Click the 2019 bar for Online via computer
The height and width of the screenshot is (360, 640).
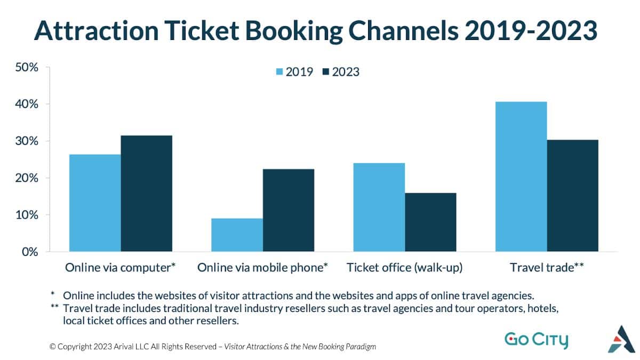point(95,203)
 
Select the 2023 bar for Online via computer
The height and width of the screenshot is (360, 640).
point(146,193)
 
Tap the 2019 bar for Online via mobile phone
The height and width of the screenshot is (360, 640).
point(237,235)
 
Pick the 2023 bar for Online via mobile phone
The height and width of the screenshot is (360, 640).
point(288,210)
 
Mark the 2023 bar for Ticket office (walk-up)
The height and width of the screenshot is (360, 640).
point(430,222)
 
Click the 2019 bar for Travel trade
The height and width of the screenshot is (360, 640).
point(521,176)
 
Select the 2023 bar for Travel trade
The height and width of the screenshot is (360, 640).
point(572,195)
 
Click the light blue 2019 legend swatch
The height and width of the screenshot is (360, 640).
point(279,72)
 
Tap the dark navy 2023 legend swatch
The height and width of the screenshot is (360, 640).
point(326,72)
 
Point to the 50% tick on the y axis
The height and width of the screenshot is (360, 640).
point(27,68)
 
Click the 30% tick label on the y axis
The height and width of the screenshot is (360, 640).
point(27,141)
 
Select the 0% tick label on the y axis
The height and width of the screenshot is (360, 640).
point(29,251)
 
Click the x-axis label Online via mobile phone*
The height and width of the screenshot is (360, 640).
point(262,268)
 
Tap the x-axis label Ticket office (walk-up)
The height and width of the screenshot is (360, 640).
point(405,268)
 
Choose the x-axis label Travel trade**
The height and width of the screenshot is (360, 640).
point(547,268)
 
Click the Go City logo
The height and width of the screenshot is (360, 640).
point(536,340)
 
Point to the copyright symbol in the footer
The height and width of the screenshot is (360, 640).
point(52,347)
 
